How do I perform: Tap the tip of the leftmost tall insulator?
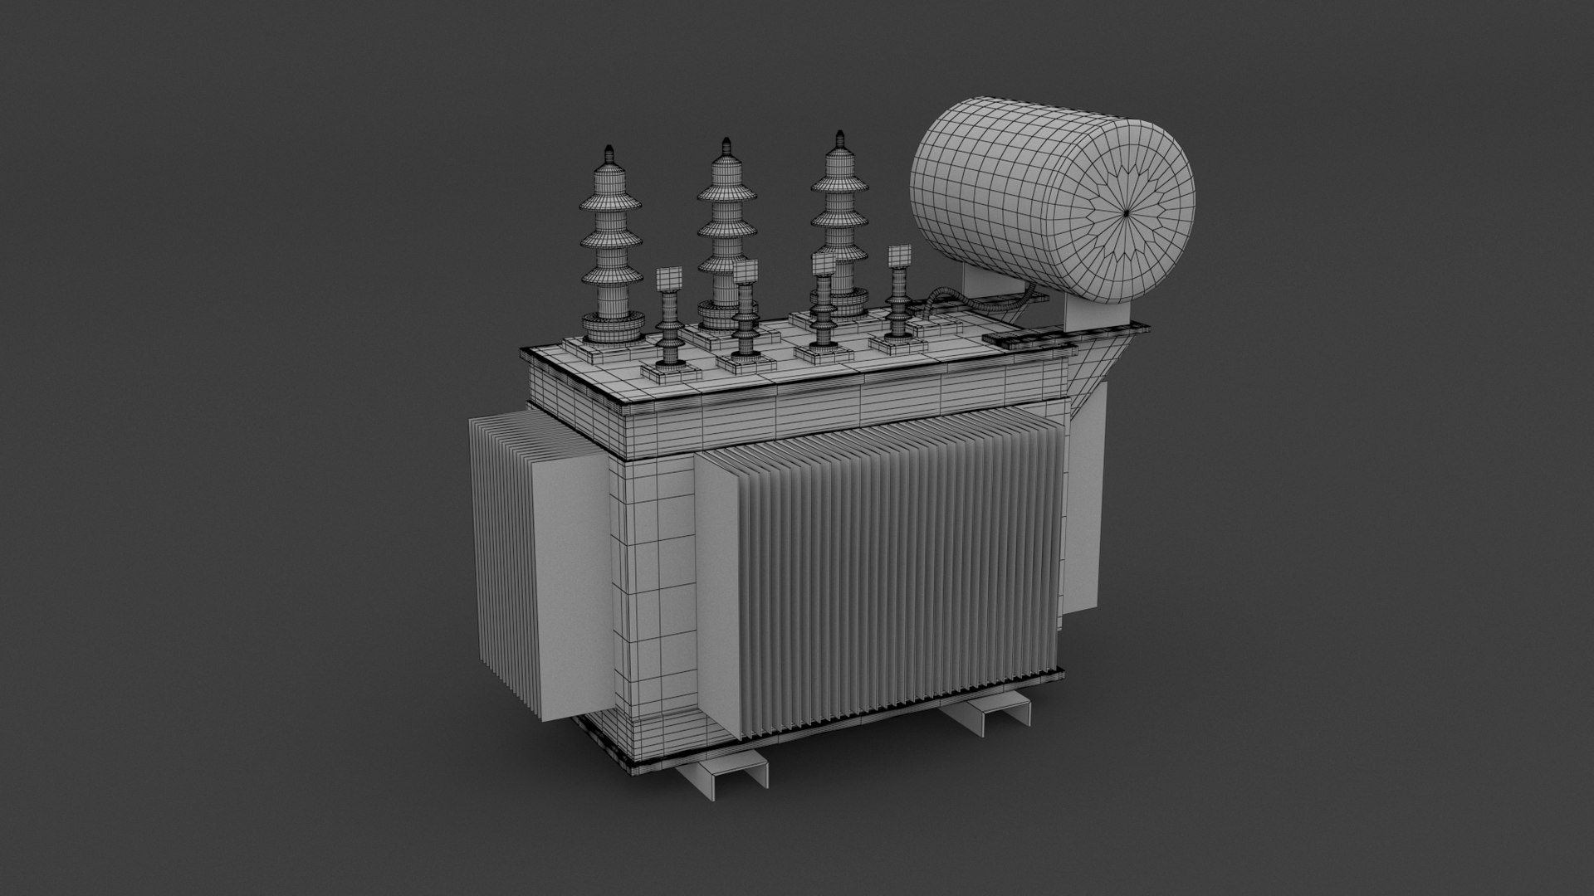609,150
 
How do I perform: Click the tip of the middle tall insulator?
726,142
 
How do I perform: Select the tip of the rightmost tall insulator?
839,135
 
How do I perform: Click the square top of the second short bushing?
745,271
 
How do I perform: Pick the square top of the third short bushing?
824,264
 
